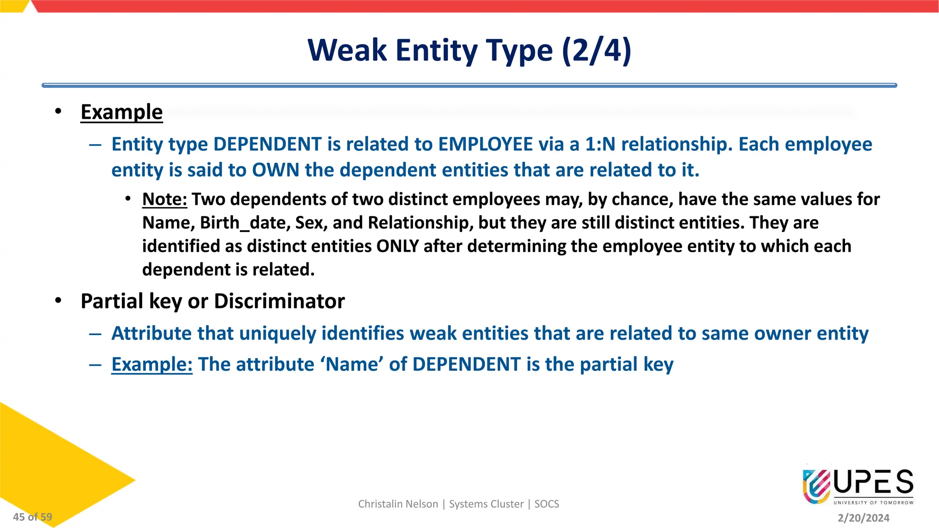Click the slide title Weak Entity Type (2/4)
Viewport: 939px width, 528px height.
469,50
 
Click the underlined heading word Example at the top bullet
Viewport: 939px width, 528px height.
122,112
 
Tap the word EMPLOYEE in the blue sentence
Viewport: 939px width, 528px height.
485,144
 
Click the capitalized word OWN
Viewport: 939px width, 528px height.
276,170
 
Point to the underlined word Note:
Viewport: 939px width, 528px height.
165,199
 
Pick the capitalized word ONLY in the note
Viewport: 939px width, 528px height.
398,246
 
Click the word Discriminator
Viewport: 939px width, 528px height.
279,302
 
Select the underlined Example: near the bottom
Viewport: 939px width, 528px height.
152,365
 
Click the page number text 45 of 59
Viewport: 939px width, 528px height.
33,517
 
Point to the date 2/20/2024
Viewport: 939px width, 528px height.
863,518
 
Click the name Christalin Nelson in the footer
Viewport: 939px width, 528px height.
398,504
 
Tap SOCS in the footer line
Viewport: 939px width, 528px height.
547,504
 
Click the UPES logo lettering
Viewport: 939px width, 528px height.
873,483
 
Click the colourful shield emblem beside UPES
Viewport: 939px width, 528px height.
817,486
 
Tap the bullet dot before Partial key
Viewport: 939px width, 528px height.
58,301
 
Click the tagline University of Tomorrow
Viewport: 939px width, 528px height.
873,503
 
